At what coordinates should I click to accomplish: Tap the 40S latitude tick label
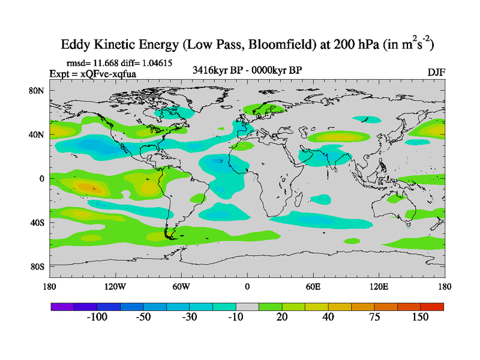tap(38, 223)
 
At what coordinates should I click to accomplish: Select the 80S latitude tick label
tap(38, 266)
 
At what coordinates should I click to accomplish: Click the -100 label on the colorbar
tap(97, 317)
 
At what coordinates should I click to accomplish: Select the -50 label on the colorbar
tap(143, 317)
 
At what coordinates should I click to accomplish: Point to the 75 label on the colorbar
tap(374, 317)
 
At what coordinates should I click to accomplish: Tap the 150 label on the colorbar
tap(420, 317)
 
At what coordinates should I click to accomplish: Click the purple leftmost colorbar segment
tap(62, 306)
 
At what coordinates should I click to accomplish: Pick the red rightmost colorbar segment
tap(432, 306)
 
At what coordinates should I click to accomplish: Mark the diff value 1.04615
tap(160, 62)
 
